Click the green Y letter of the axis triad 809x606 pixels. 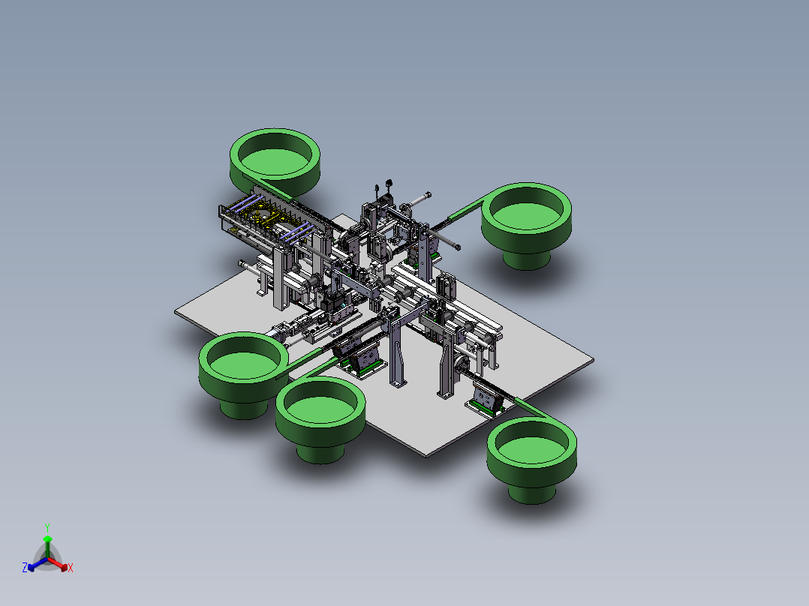pos(47,527)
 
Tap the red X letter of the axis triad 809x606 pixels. pos(71,568)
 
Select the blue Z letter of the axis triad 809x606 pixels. pos(25,568)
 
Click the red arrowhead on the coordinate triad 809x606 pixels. pos(64,567)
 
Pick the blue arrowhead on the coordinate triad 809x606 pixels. pos(31,567)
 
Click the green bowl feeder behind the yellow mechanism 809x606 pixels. pos(275,163)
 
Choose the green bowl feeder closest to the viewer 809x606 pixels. pos(532,460)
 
